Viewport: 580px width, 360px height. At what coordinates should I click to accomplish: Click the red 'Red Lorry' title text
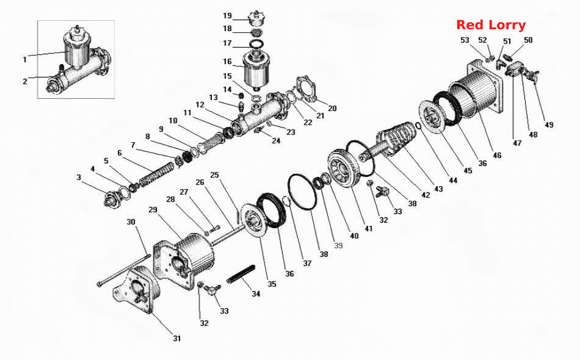pyautogui.click(x=491, y=25)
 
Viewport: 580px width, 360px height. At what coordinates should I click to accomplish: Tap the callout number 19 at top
pyautogui.click(x=227, y=15)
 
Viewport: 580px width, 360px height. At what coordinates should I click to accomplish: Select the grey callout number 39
pyautogui.click(x=338, y=245)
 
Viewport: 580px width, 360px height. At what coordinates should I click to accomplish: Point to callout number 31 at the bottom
pyautogui.click(x=177, y=338)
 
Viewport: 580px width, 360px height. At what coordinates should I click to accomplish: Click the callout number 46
pyautogui.click(x=497, y=155)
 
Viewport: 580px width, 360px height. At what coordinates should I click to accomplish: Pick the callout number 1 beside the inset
pyautogui.click(x=25, y=60)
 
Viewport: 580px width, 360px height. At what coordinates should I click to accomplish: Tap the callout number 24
pyautogui.click(x=276, y=141)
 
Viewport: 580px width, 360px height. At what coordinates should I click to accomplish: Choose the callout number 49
pyautogui.click(x=549, y=125)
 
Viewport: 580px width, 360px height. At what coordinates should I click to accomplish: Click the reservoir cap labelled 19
pyautogui.click(x=258, y=18)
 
